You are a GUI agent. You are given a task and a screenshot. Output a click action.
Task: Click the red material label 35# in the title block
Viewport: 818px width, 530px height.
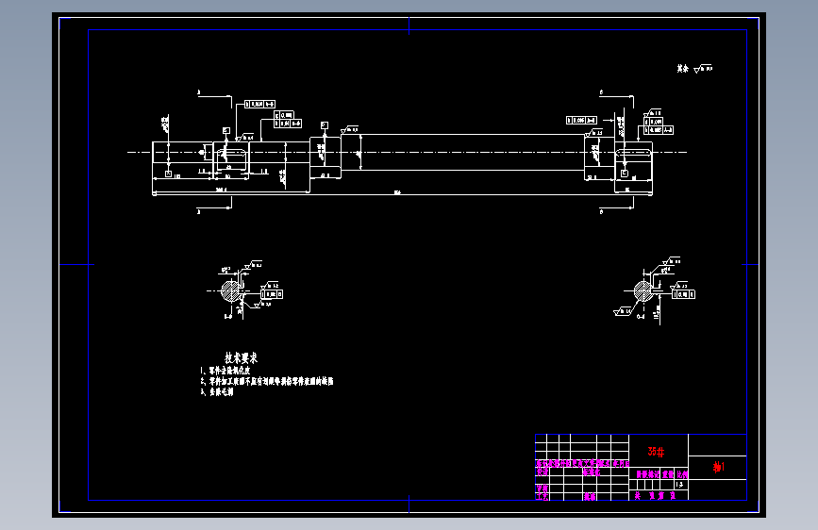click(x=656, y=450)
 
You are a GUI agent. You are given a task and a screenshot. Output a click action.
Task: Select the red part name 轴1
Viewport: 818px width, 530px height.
click(x=718, y=467)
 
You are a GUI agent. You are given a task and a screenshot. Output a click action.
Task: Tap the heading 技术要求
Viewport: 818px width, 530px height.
click(x=241, y=358)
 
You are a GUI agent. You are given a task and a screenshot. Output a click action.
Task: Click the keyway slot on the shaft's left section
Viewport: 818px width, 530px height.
click(x=232, y=152)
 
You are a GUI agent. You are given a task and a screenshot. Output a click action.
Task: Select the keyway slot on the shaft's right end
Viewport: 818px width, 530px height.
click(x=634, y=152)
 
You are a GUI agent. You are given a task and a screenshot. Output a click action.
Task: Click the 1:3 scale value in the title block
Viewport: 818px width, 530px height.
click(x=680, y=485)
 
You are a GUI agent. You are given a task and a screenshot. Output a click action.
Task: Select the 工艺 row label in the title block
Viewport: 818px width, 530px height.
click(x=542, y=495)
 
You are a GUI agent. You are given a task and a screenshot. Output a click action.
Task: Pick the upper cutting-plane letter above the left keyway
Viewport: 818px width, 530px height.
click(x=199, y=93)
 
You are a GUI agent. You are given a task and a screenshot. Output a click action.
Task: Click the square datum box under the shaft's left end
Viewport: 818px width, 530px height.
click(x=168, y=175)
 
